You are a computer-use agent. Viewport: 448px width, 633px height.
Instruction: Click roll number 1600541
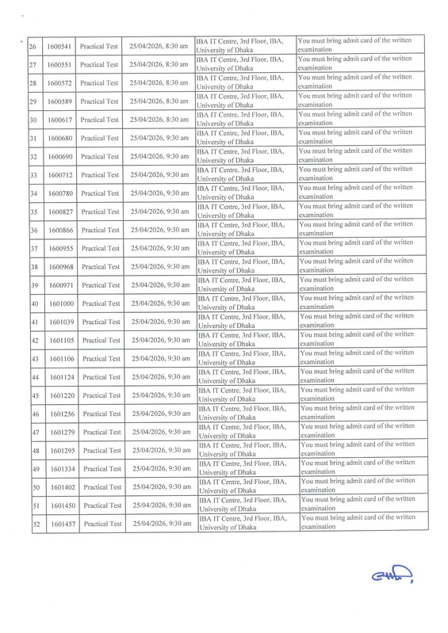pyautogui.click(x=59, y=47)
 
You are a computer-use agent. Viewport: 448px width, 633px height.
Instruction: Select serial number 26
pyautogui.click(x=33, y=47)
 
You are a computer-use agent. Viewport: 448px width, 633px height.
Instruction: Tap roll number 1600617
pyautogui.click(x=59, y=120)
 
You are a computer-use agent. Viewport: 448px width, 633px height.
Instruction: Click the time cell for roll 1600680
pyautogui.click(x=159, y=138)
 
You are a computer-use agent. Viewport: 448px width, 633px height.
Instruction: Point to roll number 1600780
pyautogui.click(x=59, y=193)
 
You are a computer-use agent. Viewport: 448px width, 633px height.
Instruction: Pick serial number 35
pyautogui.click(x=34, y=212)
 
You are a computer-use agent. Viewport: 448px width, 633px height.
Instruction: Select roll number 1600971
pyautogui.click(x=59, y=285)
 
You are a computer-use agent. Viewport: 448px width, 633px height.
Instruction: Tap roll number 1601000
pyautogui.click(x=59, y=303)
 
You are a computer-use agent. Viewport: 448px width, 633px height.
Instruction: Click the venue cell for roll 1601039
pyautogui.click(x=243, y=322)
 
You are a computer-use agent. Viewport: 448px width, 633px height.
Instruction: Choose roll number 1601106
pyautogui.click(x=60, y=359)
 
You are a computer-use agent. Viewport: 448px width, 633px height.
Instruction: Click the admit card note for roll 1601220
pyautogui.click(x=357, y=395)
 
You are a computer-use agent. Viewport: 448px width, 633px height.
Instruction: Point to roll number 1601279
pyautogui.click(x=61, y=432)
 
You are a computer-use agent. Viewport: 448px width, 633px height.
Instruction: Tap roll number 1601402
pyautogui.click(x=61, y=486)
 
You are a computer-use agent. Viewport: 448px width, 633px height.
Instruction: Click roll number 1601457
pyautogui.click(x=61, y=524)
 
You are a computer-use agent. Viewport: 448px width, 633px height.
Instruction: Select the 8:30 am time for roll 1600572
pyautogui.click(x=159, y=83)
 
